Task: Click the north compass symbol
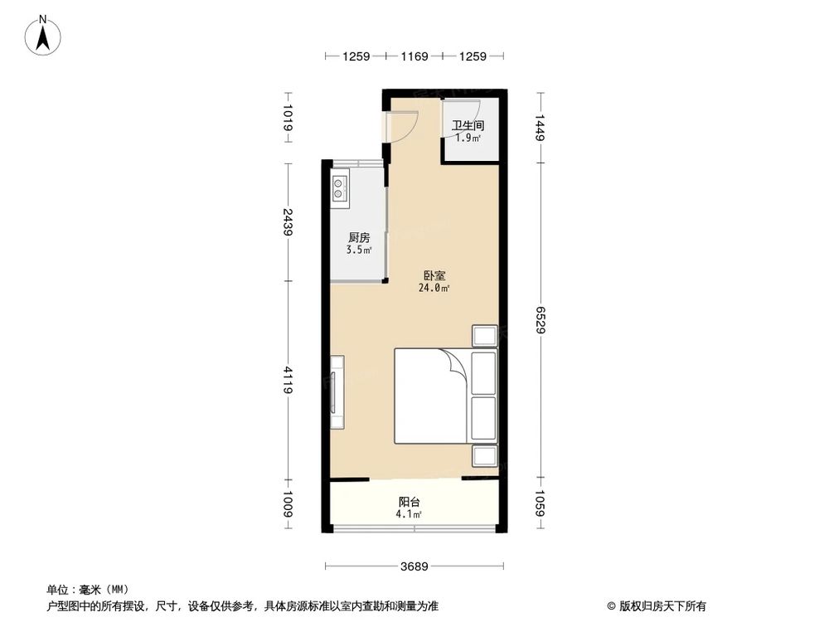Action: point(42,36)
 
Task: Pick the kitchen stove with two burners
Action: point(341,190)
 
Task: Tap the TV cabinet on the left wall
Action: point(337,392)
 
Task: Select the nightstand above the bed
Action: point(484,335)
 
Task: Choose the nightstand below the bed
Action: point(484,456)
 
